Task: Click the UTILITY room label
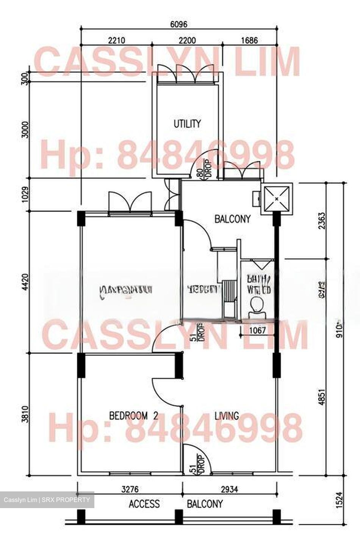(187, 124)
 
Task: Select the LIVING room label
(227, 416)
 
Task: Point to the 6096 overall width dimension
(179, 25)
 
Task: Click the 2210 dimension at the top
(117, 41)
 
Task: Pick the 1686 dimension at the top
(249, 41)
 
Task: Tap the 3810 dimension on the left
(25, 414)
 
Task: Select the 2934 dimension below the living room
(230, 490)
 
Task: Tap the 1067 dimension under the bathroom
(257, 331)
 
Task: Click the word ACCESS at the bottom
(144, 504)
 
